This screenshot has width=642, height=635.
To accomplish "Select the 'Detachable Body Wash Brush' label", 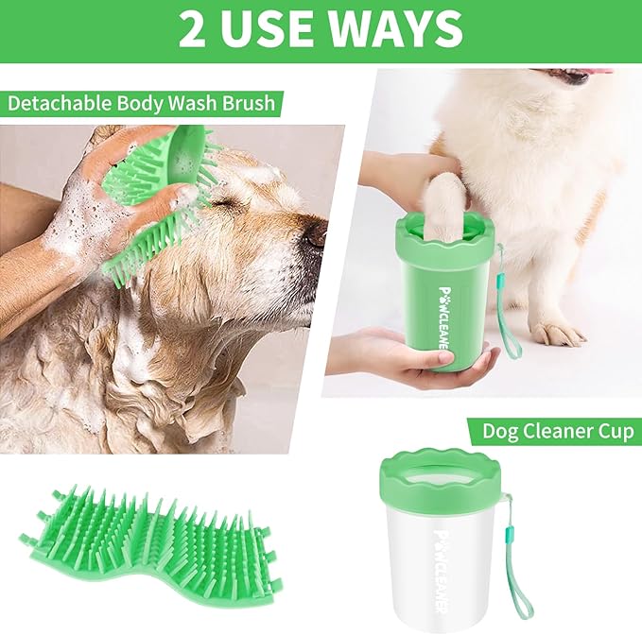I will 142,103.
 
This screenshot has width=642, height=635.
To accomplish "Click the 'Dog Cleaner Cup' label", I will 558,432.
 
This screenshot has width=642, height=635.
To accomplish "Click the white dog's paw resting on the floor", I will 557,332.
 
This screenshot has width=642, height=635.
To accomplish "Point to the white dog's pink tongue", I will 586,73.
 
